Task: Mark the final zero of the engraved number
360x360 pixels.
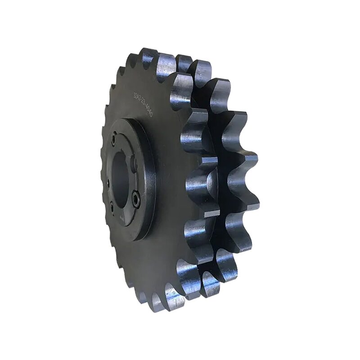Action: point(152,115)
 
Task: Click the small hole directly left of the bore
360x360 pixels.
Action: point(108,183)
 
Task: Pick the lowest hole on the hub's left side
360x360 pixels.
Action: point(112,207)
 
